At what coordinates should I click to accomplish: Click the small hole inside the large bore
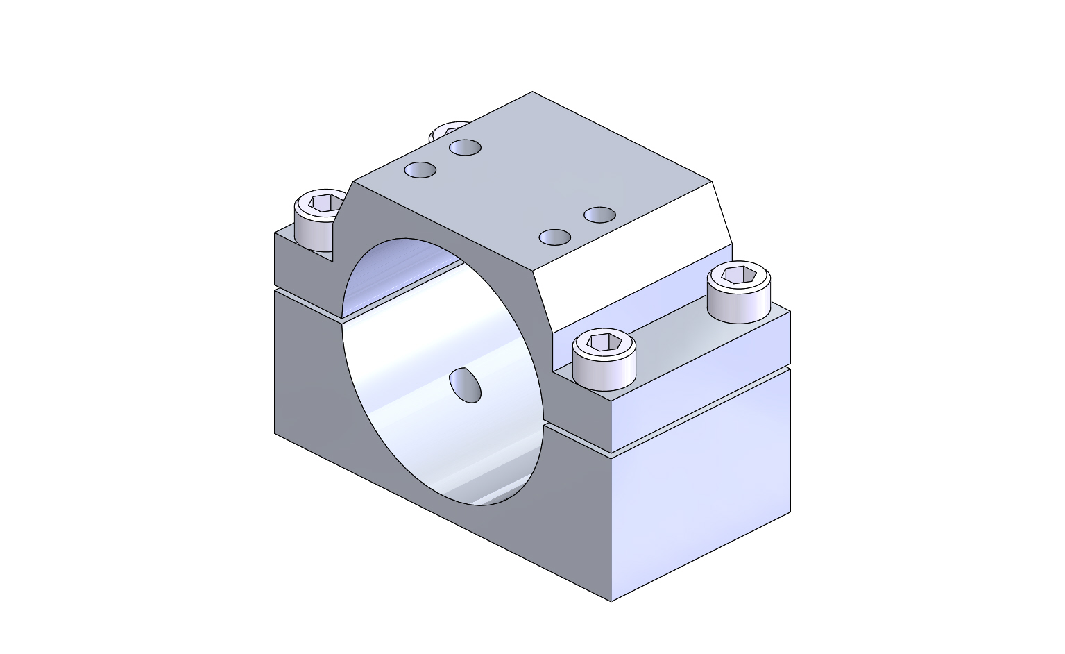click(466, 385)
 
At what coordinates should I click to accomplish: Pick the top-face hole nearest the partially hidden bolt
click(465, 147)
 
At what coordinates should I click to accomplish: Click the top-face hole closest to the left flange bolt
click(420, 169)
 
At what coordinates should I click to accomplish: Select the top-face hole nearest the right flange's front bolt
click(555, 237)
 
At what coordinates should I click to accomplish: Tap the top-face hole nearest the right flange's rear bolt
click(599, 215)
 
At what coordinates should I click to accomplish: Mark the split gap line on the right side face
click(701, 410)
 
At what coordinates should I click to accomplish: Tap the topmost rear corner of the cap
click(532, 92)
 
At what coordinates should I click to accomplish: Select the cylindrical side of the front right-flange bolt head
click(604, 371)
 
